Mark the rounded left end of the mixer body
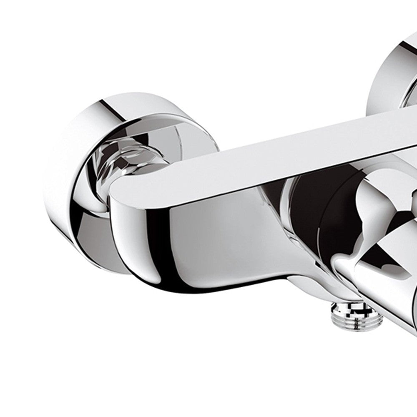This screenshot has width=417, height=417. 121,217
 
